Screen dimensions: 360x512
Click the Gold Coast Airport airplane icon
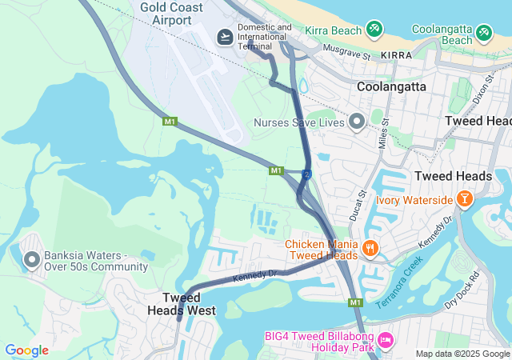tap(225, 38)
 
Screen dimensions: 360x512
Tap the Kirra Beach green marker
tap(374, 30)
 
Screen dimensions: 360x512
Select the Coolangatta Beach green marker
tap(483, 33)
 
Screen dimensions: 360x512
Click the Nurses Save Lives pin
tap(357, 122)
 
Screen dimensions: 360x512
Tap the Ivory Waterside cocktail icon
tap(465, 198)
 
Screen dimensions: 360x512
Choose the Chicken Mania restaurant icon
tap(369, 248)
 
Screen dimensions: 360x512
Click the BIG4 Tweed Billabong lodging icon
tap(386, 341)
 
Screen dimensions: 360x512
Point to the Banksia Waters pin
tap(32, 259)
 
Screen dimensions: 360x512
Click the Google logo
tap(26, 350)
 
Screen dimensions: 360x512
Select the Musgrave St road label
tap(346, 54)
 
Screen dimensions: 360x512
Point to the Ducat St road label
tap(358, 206)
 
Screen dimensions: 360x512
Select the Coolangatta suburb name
tap(391, 86)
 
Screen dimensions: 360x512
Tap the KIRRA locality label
tap(396, 54)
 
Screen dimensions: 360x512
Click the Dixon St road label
tap(481, 94)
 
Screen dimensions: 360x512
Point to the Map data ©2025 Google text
tap(462, 354)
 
